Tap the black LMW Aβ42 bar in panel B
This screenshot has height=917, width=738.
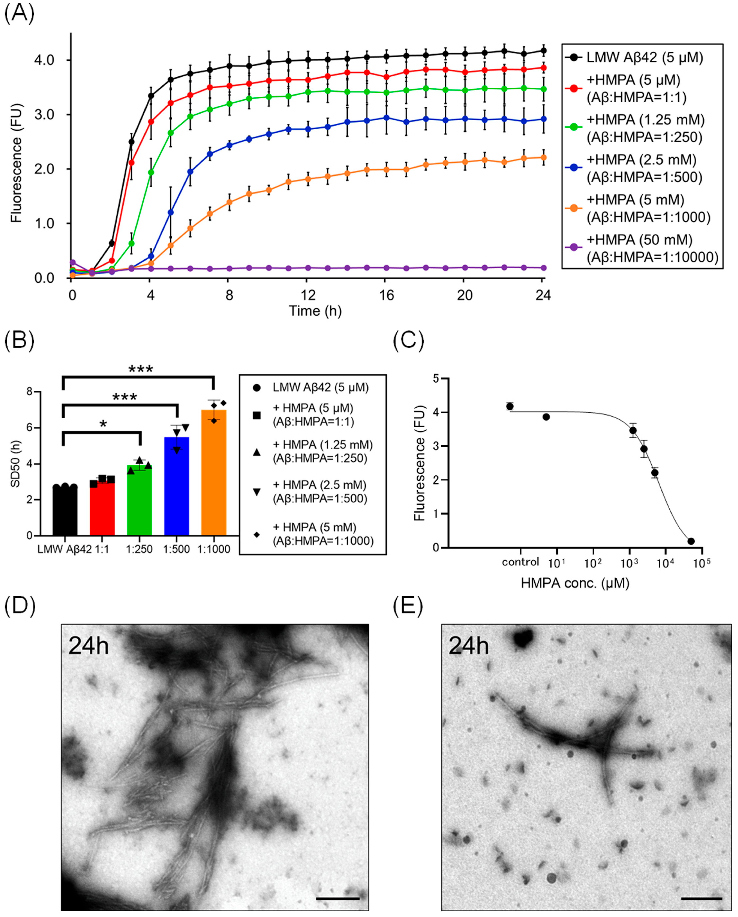65,512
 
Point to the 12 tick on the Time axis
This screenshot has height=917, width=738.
308,295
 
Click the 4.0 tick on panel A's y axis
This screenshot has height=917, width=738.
44,60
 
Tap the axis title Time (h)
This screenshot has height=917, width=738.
315,311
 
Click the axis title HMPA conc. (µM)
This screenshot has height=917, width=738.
575,583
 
